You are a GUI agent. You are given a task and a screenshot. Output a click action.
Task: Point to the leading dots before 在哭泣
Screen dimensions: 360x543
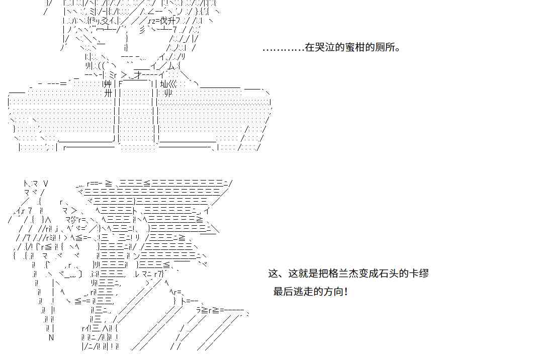[283, 49]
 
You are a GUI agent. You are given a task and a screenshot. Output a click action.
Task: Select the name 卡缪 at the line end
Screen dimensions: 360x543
[421, 274]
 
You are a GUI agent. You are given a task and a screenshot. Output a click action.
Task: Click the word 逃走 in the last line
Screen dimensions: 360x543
[303, 292]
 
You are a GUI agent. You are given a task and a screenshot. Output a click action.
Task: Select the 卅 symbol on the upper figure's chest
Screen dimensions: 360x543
[108, 93]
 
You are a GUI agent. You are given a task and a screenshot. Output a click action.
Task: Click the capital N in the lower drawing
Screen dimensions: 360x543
[51, 338]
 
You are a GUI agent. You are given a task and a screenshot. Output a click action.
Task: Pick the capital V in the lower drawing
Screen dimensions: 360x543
[46, 184]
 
